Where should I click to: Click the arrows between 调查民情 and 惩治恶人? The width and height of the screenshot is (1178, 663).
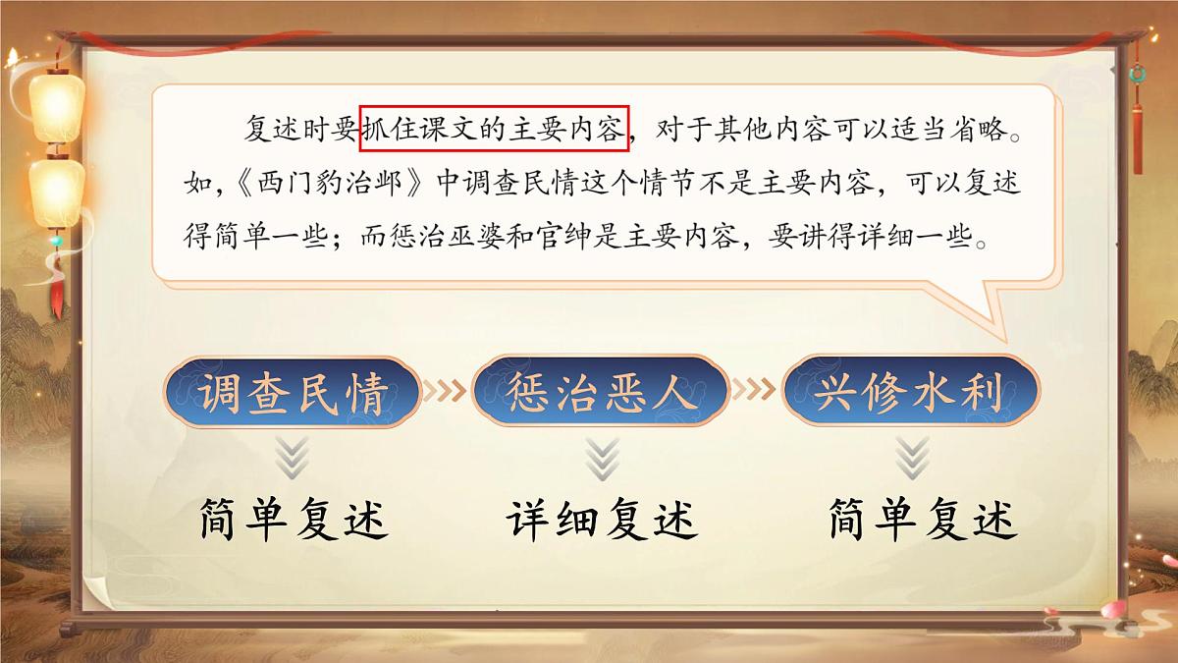point(447,391)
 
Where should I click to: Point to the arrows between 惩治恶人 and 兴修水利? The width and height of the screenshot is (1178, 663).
point(756,391)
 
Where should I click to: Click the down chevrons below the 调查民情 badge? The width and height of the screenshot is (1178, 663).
point(292,458)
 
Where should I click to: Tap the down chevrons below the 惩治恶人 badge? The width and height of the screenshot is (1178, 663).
point(601,458)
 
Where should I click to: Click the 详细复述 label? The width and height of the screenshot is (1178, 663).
point(603,520)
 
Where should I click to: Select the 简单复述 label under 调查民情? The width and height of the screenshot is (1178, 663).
point(293,520)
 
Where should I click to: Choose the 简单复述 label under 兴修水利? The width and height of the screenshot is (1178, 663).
point(921,520)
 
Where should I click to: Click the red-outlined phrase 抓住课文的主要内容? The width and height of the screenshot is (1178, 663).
point(494,129)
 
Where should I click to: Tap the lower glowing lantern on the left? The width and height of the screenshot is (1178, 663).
point(56,192)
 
